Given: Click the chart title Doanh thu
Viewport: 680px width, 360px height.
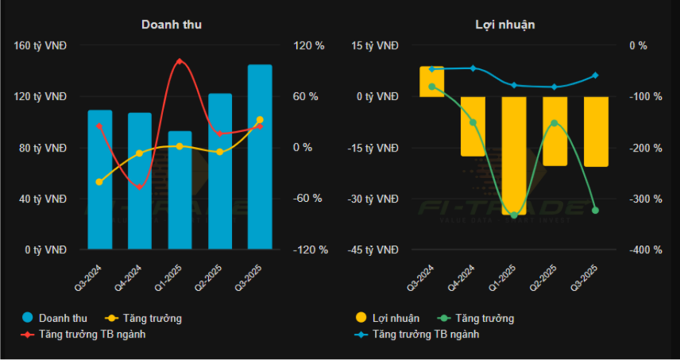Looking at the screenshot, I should (x=171, y=25).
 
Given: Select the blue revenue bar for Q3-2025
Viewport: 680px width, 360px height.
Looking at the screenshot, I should (x=260, y=159).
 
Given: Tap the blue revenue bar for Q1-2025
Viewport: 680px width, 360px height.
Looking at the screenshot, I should (x=180, y=191).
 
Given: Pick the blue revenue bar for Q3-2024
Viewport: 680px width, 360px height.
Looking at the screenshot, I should (x=99, y=180).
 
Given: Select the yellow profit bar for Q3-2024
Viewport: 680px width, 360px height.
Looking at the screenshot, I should (x=432, y=82).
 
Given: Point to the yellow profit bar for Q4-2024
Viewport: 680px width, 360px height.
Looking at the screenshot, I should (x=473, y=126).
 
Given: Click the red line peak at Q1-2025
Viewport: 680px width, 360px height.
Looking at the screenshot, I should (x=180, y=61).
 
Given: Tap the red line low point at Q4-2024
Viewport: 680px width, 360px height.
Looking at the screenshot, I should (x=140, y=187).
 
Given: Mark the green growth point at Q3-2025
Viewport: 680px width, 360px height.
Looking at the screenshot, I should (x=595, y=210).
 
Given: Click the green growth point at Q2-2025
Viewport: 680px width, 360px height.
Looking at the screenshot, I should (x=554, y=123).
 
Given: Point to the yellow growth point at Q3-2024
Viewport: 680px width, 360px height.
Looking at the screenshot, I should (x=99, y=182).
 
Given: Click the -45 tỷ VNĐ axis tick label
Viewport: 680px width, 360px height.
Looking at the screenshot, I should (x=373, y=250).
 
